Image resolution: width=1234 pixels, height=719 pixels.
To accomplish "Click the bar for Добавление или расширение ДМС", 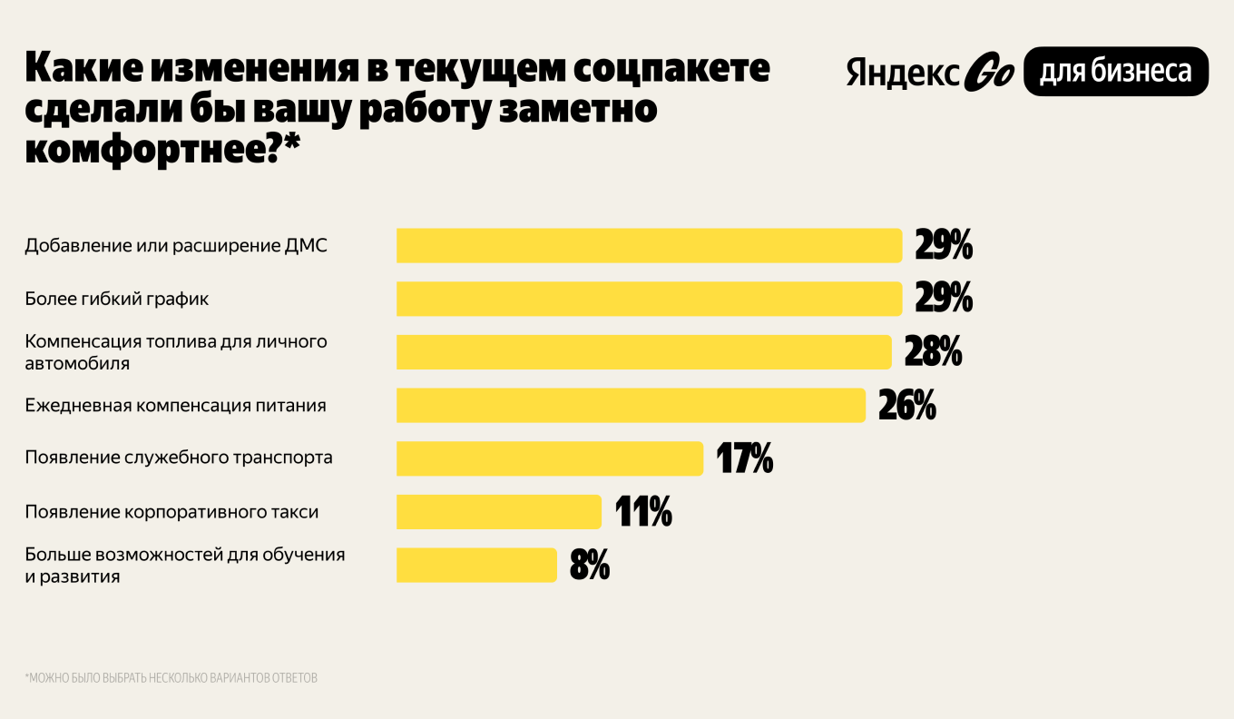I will (x=649, y=246).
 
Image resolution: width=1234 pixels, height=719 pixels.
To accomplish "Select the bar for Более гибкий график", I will (x=649, y=299).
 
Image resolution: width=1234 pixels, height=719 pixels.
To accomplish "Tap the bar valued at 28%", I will (x=644, y=352).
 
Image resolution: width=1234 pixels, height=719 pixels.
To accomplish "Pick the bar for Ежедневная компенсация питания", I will (x=631, y=405).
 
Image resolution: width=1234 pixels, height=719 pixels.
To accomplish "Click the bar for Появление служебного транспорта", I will (x=550, y=458).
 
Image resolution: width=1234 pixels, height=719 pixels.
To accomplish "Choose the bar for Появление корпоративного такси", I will (x=499, y=512).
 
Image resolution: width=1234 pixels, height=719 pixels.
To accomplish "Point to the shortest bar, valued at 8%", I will (x=476, y=565).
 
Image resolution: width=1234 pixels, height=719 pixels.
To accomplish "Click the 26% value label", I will (x=906, y=406).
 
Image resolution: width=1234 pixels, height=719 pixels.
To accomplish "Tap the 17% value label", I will (x=745, y=458).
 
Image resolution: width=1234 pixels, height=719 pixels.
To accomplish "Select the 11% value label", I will (x=643, y=512).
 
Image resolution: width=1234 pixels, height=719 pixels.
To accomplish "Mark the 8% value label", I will (x=590, y=566).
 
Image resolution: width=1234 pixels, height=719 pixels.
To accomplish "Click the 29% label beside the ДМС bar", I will (x=944, y=246).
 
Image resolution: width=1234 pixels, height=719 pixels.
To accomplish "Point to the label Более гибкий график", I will (x=118, y=299).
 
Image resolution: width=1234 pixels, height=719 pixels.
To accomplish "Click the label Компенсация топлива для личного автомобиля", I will (x=176, y=352).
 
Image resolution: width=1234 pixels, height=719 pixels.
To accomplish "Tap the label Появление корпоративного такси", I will (x=172, y=512).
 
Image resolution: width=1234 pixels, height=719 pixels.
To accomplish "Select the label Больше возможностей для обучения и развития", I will (x=185, y=565).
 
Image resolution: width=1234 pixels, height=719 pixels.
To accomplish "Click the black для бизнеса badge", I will (x=1115, y=72).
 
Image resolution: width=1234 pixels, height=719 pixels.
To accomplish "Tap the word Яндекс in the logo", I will (x=903, y=74).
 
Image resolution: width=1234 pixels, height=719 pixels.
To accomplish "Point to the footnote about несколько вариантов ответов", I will (x=171, y=678).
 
